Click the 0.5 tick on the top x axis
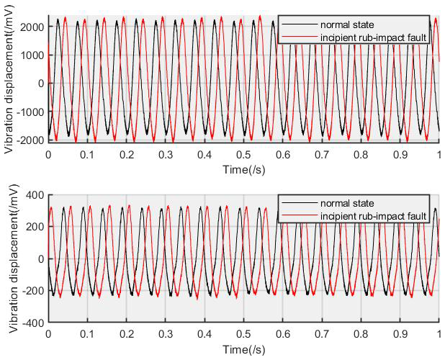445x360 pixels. [x=244, y=155]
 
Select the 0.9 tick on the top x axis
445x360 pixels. [x=400, y=155]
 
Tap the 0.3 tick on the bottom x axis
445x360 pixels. [x=166, y=334]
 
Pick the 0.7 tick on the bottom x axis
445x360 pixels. [x=322, y=334]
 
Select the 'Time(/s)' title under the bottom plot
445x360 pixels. [x=244, y=349]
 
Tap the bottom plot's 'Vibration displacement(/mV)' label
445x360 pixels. [x=9, y=261]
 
